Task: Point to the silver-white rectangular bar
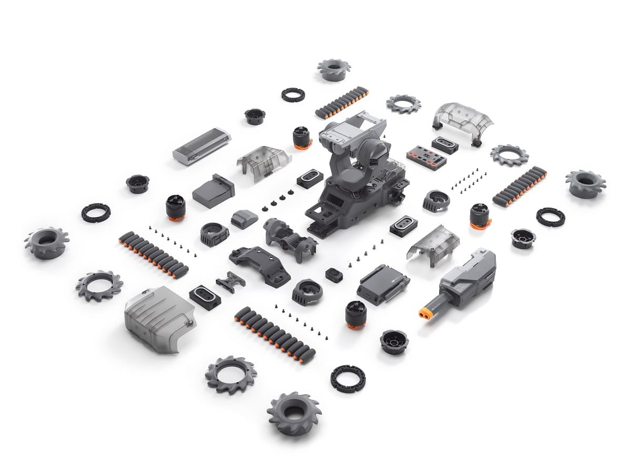[x=201, y=146]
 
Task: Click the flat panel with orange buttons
[x=426, y=157]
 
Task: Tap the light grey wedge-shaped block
[x=244, y=219]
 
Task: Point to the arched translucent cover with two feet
[x=463, y=119]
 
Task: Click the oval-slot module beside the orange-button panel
[x=445, y=145]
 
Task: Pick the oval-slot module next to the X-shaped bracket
[x=205, y=296]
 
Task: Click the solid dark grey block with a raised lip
[x=213, y=190]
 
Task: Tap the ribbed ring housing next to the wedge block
[x=215, y=234]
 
